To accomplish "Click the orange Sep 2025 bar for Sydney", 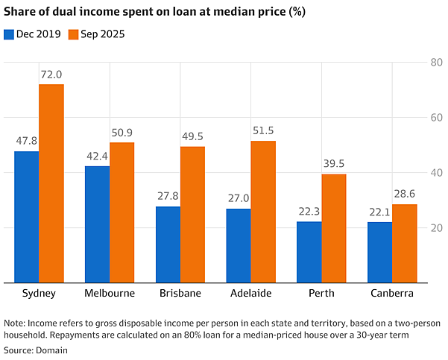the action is (x=51, y=183).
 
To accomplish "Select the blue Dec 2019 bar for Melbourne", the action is (x=98, y=224).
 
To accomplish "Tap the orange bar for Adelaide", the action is (x=263, y=212).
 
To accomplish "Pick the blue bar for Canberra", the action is (x=379, y=252).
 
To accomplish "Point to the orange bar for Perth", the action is (x=334, y=229).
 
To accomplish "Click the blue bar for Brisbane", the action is (x=168, y=244).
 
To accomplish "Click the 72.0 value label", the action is (x=51, y=75).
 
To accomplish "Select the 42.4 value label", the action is (x=97, y=157).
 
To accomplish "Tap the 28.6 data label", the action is (x=405, y=194).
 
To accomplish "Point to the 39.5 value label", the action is (x=334, y=164).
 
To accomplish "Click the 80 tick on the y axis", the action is (x=437, y=63).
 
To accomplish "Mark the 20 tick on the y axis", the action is (x=437, y=228).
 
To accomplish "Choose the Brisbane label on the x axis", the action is (x=180, y=293).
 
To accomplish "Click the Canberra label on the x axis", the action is (x=392, y=293).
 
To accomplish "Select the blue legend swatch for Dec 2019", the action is (x=9, y=34).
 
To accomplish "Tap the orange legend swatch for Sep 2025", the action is (x=74, y=34).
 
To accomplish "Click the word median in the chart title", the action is (x=235, y=12).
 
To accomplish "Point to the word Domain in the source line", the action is (x=51, y=350).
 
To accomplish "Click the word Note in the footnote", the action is (x=15, y=323).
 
